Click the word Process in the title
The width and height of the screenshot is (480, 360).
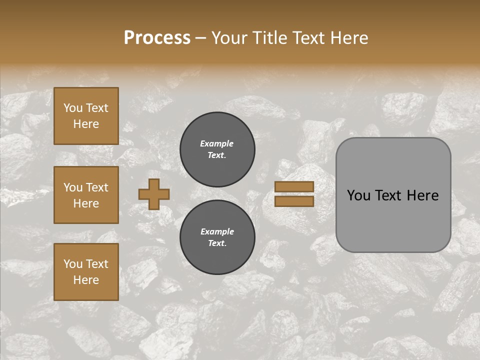click(157, 37)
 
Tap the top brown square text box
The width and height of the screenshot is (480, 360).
click(86, 116)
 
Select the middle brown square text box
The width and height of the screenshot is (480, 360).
click(86, 195)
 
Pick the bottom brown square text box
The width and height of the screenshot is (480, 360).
click(86, 272)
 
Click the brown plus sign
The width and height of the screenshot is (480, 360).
click(154, 194)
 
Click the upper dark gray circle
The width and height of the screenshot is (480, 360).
click(217, 149)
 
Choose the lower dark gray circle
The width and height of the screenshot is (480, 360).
click(217, 237)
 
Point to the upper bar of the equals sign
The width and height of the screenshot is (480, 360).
click(294, 186)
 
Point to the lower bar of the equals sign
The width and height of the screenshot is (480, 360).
click(294, 201)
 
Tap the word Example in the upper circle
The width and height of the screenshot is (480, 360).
click(217, 143)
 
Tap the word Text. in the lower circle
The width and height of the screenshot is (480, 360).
click(217, 243)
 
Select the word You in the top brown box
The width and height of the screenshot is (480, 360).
click(73, 108)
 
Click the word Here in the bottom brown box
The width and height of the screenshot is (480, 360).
click(86, 280)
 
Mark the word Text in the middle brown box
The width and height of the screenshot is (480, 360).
click(97, 187)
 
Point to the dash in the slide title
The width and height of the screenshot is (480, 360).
click(200, 38)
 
